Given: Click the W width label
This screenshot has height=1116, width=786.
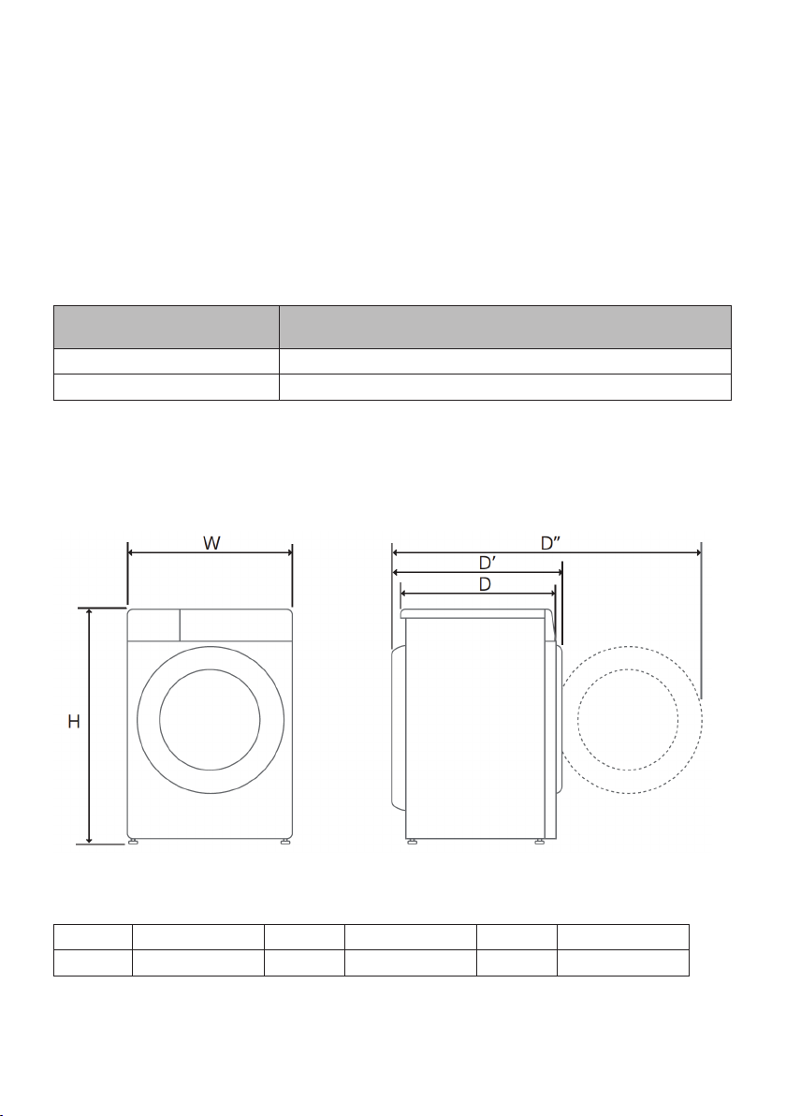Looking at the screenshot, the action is pyautogui.click(x=211, y=543).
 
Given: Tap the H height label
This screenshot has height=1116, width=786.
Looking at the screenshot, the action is pyautogui.click(x=74, y=722).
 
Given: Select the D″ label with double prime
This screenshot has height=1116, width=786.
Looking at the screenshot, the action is pyautogui.click(x=550, y=543).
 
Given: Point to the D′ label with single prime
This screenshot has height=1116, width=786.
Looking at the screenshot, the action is pyautogui.click(x=487, y=563).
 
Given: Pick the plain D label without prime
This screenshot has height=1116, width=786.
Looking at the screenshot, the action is pyautogui.click(x=485, y=584).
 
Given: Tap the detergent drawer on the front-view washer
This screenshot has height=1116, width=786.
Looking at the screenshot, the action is pyautogui.click(x=153, y=624).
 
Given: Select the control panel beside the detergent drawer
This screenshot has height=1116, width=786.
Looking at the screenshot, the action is pyautogui.click(x=236, y=624).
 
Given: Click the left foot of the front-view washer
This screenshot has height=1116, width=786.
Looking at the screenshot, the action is pyautogui.click(x=133, y=842).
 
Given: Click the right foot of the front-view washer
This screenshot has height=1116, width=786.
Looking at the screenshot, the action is pyautogui.click(x=285, y=842).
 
